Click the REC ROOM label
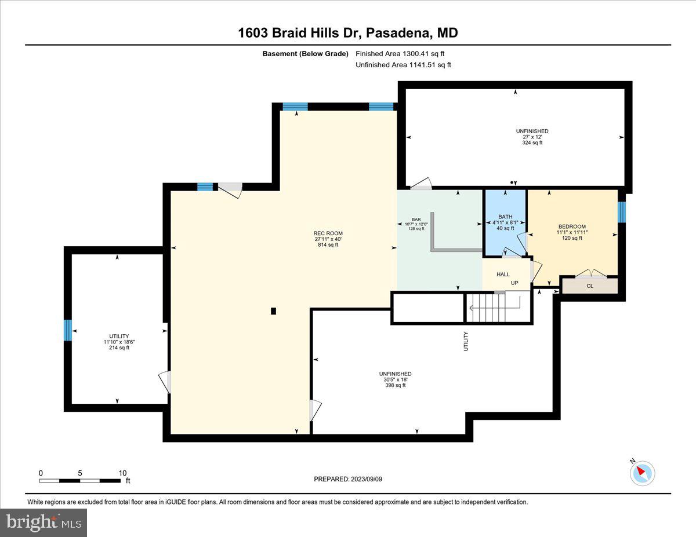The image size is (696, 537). click(325, 233)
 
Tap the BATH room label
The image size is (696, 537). click(505, 217)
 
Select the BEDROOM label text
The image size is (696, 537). click(572, 227)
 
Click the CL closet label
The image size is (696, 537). click(590, 286)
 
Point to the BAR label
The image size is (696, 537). click(416, 220)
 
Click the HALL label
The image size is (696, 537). click(503, 274)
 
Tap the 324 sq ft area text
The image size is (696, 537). click(532, 143)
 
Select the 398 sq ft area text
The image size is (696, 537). click(395, 385)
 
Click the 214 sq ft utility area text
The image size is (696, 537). click(119, 348)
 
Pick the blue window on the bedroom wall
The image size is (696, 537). click(622, 212)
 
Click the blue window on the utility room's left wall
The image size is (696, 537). click(68, 330)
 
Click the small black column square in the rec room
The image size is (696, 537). click(274, 311)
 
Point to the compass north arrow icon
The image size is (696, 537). click(642, 473)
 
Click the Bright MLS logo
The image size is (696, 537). click(44, 522)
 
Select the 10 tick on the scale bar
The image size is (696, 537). click(122, 473)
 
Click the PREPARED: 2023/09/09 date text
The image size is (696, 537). click(348, 479)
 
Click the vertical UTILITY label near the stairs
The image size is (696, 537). click(465, 341)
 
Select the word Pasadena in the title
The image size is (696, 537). click(395, 33)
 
